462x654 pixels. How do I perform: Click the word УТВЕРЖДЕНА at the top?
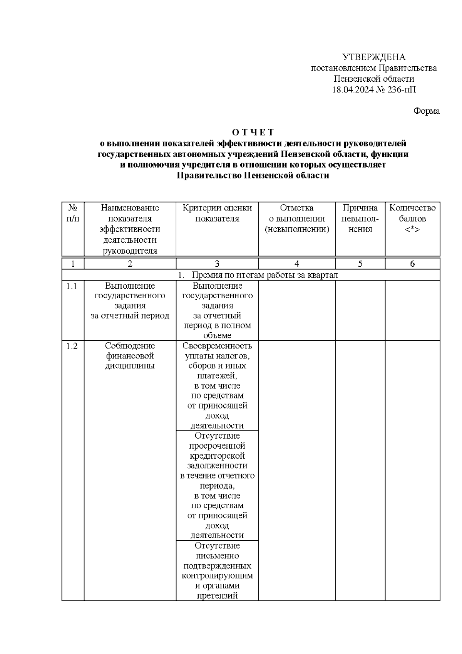click(x=374, y=57)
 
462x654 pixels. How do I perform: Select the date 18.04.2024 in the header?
click(x=354, y=90)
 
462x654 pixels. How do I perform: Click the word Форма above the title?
click(x=426, y=111)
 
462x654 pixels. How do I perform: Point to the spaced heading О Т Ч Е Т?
click(x=253, y=132)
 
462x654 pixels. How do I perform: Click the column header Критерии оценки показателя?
click(x=217, y=213)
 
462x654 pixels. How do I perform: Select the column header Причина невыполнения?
click(x=360, y=219)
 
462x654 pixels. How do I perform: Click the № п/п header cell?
click(x=73, y=213)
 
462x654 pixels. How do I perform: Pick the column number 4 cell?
click(x=297, y=264)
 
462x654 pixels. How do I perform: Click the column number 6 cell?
click(x=412, y=264)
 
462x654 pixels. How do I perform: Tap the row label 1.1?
click(x=72, y=286)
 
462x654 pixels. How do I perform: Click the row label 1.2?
click(x=72, y=346)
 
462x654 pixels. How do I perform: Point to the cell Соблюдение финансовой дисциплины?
click(x=130, y=356)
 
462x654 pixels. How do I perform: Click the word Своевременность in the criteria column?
click(x=217, y=346)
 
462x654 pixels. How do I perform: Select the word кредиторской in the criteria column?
click(x=217, y=456)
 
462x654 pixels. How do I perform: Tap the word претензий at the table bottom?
click(x=217, y=595)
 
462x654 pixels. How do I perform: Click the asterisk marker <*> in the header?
click(x=412, y=229)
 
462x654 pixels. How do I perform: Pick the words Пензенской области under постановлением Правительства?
click(x=374, y=79)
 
